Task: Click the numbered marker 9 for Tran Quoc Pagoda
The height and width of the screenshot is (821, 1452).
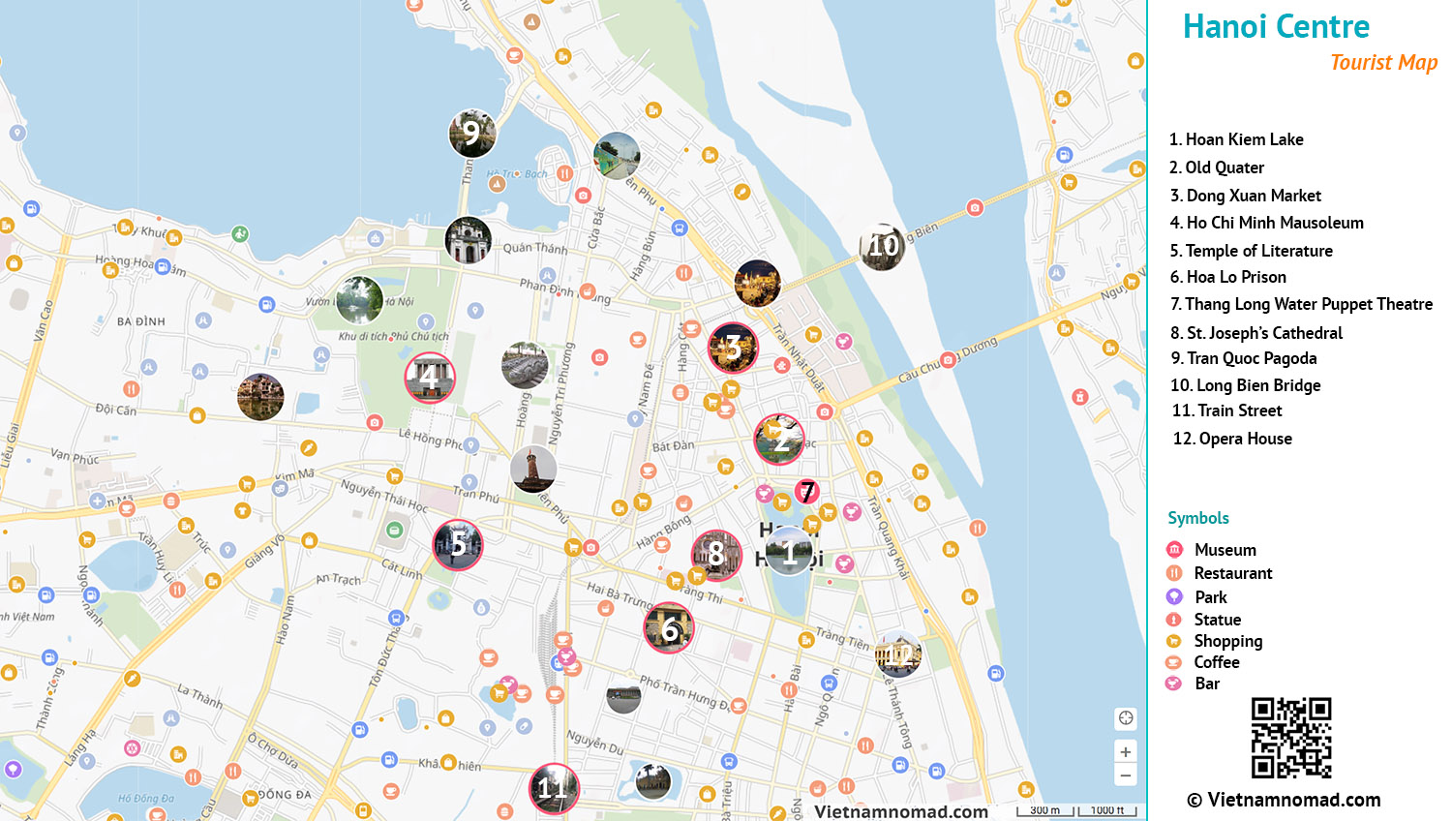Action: (472, 134)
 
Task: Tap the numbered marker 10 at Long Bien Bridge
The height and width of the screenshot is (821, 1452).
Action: (883, 246)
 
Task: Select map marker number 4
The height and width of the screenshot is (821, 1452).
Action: (430, 378)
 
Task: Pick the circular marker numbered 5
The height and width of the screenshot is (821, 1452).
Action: (458, 545)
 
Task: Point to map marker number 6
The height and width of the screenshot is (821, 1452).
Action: (669, 628)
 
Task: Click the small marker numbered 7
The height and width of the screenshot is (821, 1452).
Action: (807, 492)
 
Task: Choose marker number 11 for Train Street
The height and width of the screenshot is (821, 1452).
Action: (554, 787)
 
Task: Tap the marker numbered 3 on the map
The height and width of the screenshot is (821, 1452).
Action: (733, 348)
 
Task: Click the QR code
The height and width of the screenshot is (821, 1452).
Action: (1291, 738)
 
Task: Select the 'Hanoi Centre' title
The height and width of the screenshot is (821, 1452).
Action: (1276, 27)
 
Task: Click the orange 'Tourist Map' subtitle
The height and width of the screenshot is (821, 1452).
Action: (1383, 63)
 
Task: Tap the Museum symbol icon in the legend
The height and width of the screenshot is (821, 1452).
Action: (1174, 550)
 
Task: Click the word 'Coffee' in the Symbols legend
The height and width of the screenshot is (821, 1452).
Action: (1217, 662)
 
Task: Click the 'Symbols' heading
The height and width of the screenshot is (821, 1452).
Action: (1197, 518)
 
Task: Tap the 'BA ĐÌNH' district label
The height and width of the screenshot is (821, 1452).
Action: (141, 321)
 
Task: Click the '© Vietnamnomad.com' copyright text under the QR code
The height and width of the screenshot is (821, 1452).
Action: (1284, 800)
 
